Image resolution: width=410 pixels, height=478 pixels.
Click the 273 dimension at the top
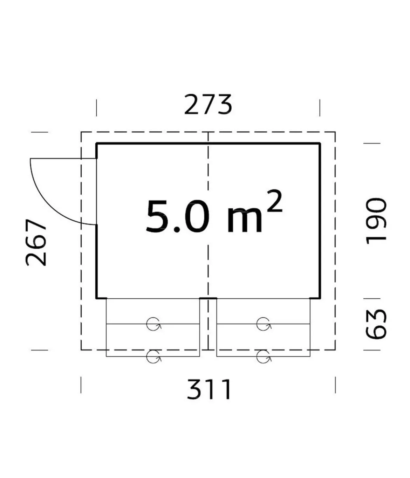click(x=208, y=104)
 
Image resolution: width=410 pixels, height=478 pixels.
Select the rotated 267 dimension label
click(x=36, y=242)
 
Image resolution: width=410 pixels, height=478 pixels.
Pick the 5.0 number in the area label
click(x=178, y=216)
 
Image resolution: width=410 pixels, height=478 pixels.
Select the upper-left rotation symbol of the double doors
click(x=153, y=324)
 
